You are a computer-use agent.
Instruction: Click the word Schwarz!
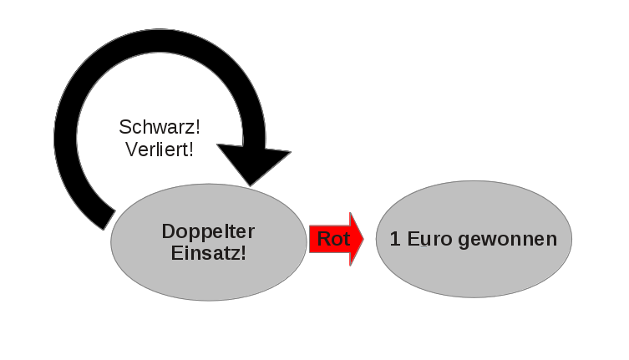point(159,128)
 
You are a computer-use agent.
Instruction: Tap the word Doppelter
point(208,231)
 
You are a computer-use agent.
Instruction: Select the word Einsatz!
point(208,252)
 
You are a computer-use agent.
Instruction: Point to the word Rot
point(333,239)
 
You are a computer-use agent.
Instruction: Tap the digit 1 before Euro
point(394,239)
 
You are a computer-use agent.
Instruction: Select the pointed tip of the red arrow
point(363,239)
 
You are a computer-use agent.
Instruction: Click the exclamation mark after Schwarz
point(197,128)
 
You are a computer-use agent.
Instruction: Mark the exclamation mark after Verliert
point(191,150)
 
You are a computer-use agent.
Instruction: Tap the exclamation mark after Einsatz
point(244,252)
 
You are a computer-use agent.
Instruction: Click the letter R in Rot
point(323,239)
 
